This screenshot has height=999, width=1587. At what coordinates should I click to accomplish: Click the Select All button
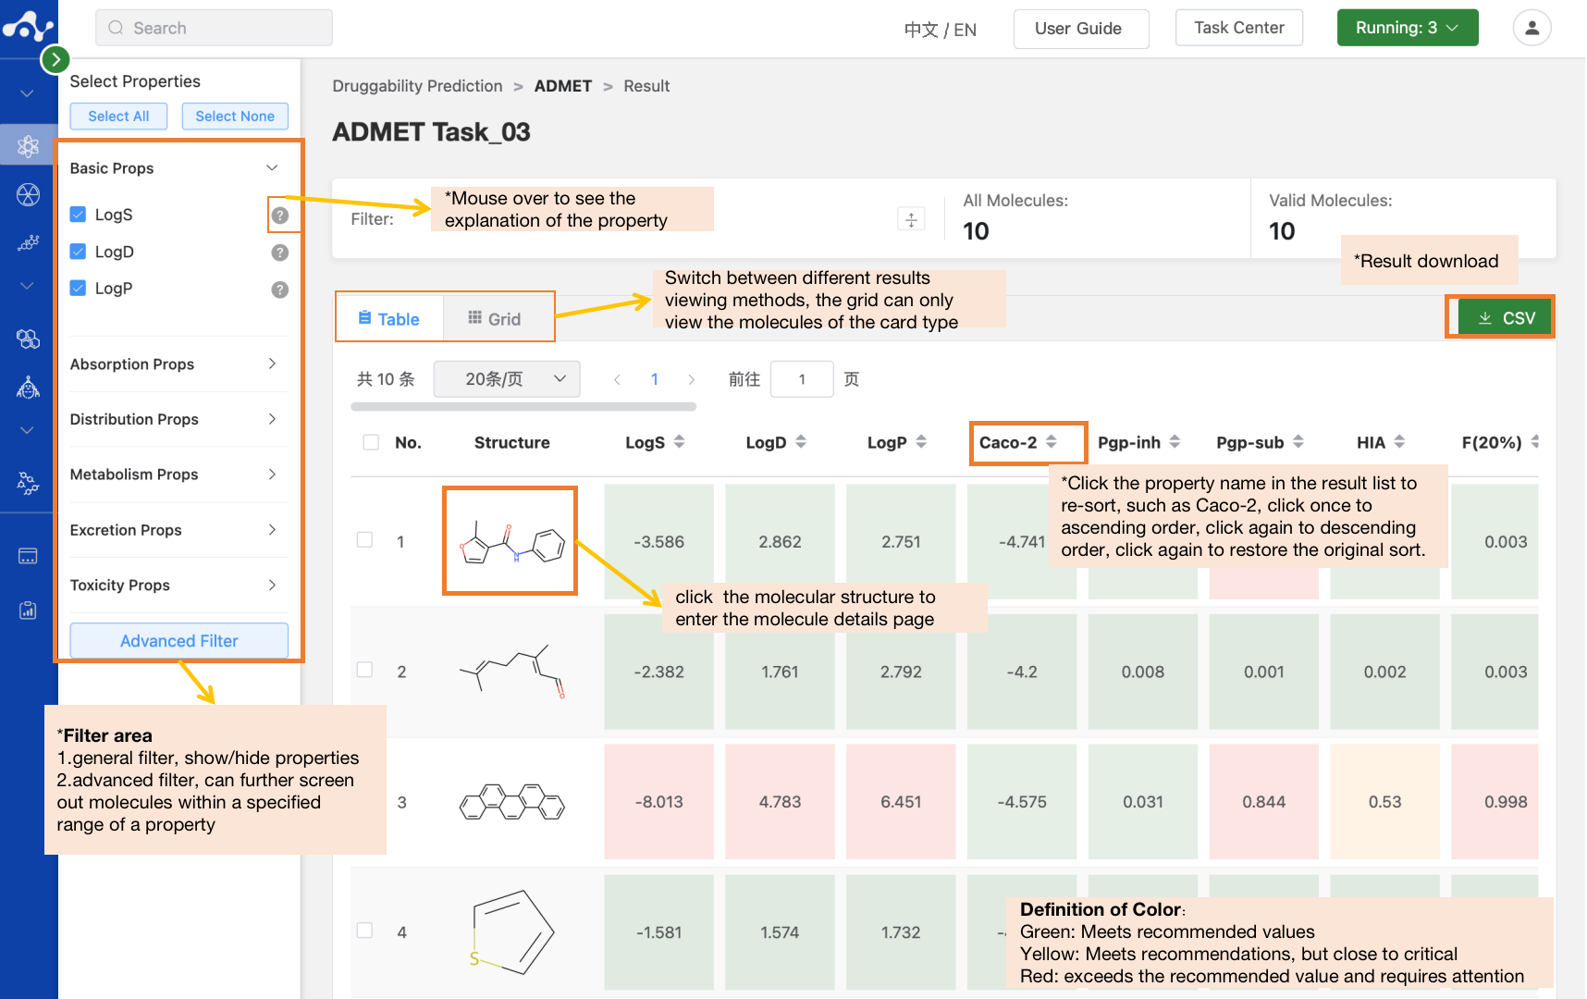click(x=118, y=117)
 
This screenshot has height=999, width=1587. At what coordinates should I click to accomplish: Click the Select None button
click(x=235, y=117)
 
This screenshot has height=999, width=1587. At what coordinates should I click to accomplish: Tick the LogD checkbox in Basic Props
click(x=79, y=252)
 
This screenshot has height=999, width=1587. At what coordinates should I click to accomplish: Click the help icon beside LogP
click(x=279, y=290)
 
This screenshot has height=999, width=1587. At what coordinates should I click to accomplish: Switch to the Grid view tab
click(x=495, y=318)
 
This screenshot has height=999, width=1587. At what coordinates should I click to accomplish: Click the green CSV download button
click(x=1506, y=318)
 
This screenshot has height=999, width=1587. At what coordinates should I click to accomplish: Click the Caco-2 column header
click(x=1008, y=442)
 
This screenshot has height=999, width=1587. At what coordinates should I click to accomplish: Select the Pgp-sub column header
click(x=1249, y=442)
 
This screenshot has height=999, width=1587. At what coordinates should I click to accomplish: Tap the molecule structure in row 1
click(x=511, y=541)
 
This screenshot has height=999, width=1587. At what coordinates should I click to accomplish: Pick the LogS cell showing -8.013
click(x=658, y=802)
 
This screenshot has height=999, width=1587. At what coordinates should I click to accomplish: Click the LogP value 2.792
click(x=901, y=672)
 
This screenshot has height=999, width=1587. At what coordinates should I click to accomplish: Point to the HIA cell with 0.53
click(x=1384, y=802)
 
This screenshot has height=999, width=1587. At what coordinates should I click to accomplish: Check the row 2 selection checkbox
click(x=365, y=670)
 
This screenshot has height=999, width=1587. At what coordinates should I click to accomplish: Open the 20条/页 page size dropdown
click(x=507, y=379)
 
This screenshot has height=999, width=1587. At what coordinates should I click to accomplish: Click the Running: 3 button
click(x=1407, y=28)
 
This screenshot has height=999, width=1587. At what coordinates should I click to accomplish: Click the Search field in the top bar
click(x=214, y=28)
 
